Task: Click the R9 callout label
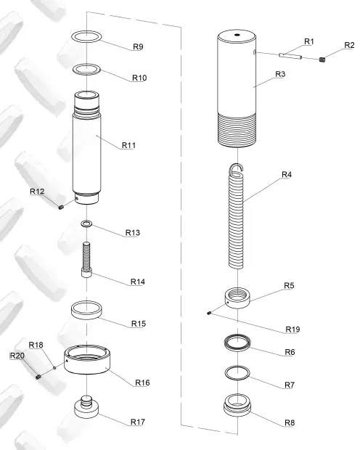click(138, 46)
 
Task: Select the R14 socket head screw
click(86, 260)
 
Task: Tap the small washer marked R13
click(86, 224)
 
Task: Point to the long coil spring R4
click(237, 216)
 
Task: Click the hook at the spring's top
click(237, 168)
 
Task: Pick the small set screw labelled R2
click(322, 60)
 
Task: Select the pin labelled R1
click(290, 56)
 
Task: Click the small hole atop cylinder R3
click(237, 35)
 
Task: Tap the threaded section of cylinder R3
click(237, 130)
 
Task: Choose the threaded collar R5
click(237, 298)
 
